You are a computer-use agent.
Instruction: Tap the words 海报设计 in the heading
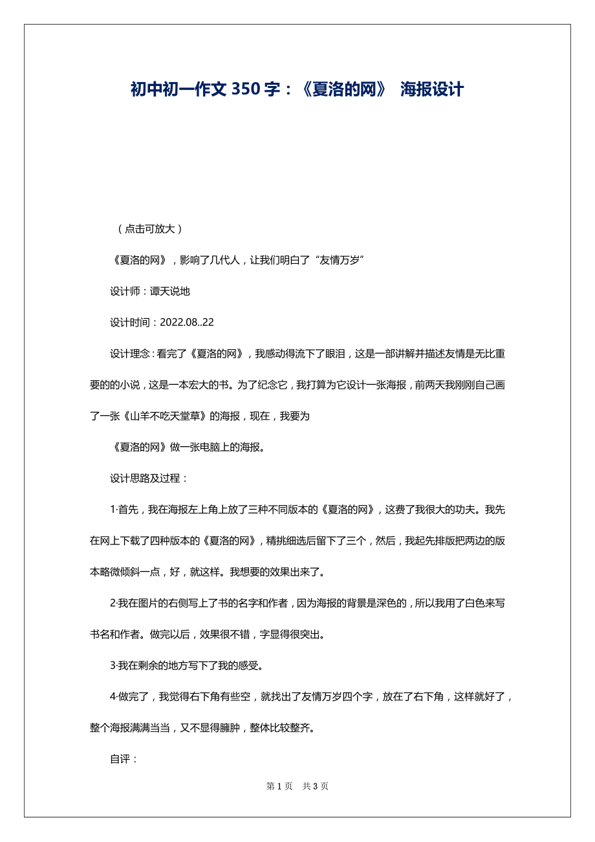431,90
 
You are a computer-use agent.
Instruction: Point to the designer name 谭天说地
170,291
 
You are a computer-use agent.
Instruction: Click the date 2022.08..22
187,322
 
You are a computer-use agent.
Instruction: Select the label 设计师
125,291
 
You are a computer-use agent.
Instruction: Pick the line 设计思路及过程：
149,479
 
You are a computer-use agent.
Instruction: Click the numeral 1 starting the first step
113,510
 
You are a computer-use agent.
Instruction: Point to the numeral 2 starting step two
113,603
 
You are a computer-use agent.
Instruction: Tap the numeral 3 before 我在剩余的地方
113,665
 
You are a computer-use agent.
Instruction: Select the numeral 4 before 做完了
113,696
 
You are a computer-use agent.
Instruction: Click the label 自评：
124,759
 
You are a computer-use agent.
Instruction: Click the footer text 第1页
279,786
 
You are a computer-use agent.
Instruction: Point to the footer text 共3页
316,786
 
